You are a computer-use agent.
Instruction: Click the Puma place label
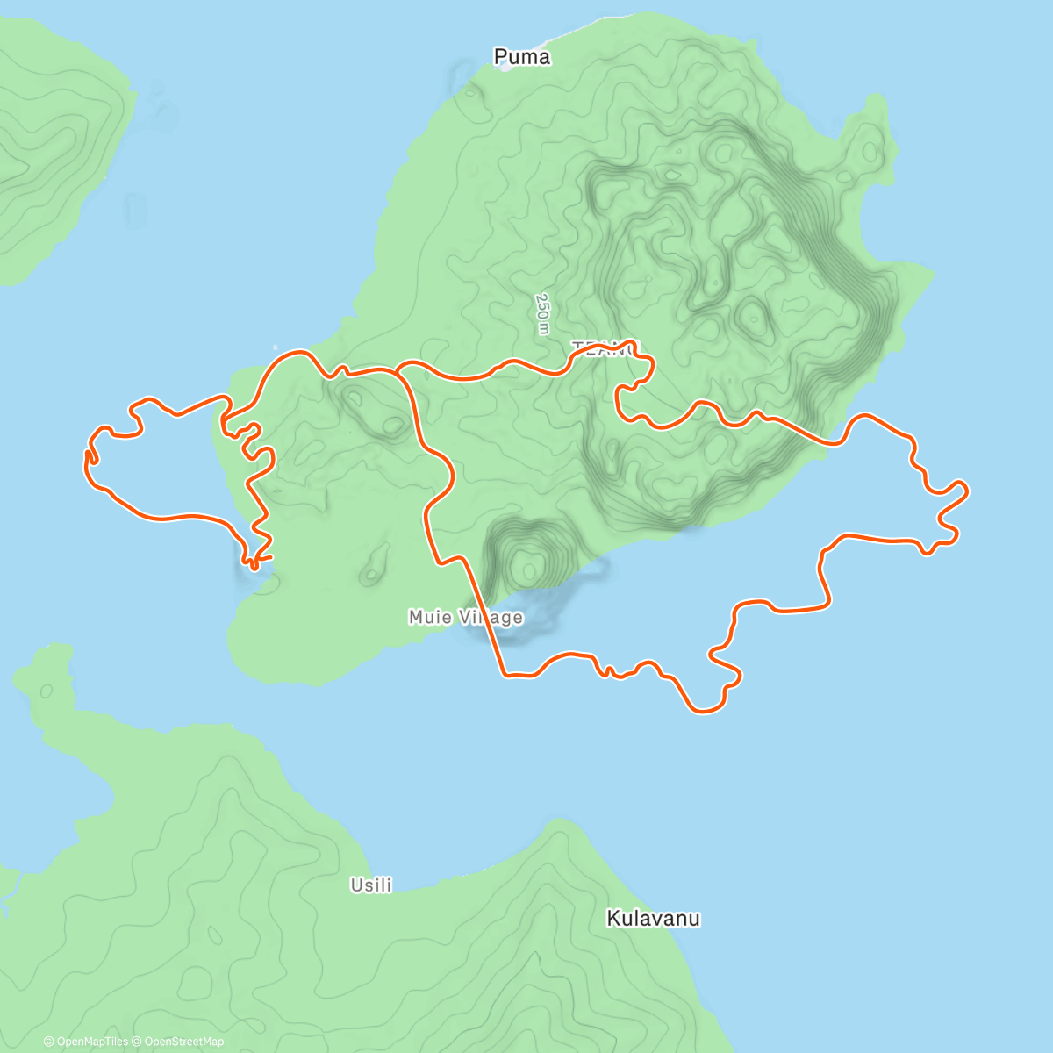522,58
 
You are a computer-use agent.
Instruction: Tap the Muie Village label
465,618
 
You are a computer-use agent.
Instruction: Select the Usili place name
370,885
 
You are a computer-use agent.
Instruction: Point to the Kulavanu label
653,919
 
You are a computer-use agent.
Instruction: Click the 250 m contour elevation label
543,313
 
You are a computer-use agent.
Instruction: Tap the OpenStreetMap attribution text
184,1042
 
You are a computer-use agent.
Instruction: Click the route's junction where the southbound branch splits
398,373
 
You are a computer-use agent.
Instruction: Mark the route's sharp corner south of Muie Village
505,675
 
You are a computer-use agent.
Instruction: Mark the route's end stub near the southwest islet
269,556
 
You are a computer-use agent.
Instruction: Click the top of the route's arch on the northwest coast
294,353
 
